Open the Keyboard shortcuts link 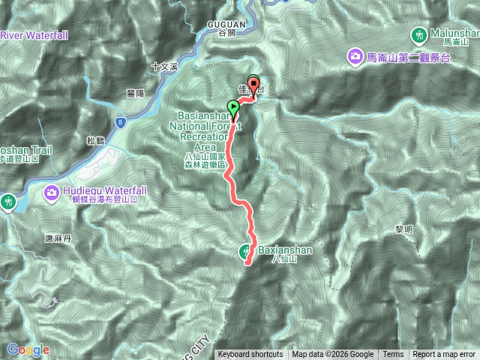[x=250, y=355]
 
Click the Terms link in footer [x=392, y=355]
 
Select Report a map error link [x=445, y=355]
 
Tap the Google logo [x=28, y=349]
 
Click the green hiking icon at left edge [x=7, y=201]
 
